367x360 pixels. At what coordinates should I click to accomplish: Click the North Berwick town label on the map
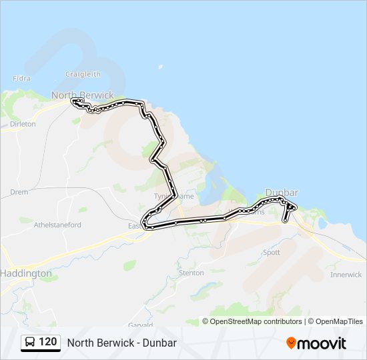[83, 95]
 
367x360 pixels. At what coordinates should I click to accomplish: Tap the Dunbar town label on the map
[282, 193]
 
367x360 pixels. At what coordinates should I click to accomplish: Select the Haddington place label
[26, 273]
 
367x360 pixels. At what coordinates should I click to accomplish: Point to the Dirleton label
[23, 124]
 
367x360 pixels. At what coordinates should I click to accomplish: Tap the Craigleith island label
[83, 74]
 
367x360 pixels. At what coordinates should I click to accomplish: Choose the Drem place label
[19, 192]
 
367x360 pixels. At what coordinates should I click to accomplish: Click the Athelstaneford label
[57, 225]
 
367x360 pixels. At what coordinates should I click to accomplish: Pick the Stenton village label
[192, 273]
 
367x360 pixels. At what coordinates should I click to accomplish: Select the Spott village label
[272, 253]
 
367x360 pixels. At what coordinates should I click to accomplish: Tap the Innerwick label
[346, 275]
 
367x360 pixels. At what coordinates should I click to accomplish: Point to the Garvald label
[141, 325]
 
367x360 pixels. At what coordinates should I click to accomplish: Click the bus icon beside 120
[30, 342]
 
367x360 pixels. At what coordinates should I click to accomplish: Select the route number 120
[48, 342]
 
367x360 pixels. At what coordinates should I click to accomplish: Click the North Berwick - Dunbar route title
[122, 343]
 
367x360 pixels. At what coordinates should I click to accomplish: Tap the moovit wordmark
[322, 343]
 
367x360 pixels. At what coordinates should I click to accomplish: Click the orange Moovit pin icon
[291, 343]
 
